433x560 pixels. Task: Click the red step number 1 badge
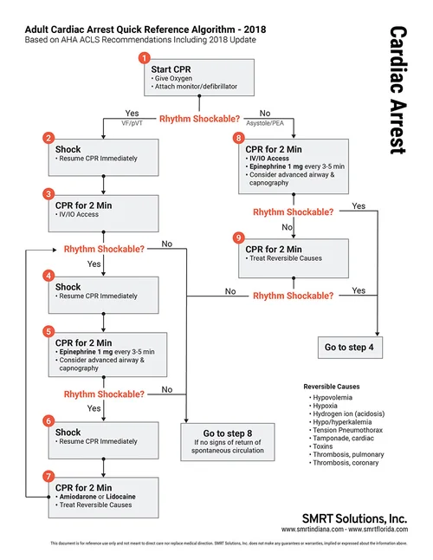tap(145, 58)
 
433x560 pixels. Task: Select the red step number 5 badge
tap(48, 330)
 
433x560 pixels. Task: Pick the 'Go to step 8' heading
tap(228, 432)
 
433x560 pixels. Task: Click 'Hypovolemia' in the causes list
tap(338, 397)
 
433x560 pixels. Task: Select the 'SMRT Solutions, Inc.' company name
tap(359, 516)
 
